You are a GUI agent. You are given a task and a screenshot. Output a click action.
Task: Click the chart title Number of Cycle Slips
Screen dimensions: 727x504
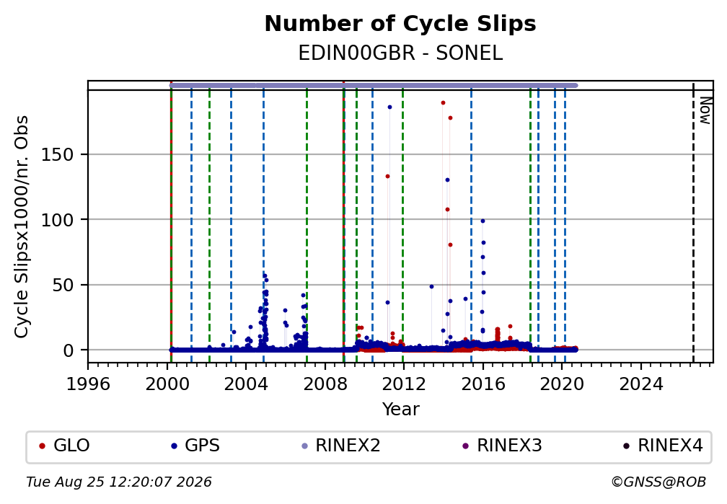[400, 24]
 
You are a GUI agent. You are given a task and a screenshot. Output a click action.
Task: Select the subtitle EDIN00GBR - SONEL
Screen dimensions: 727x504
[400, 53]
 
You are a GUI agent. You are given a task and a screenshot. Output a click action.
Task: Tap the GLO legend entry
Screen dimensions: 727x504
[64, 446]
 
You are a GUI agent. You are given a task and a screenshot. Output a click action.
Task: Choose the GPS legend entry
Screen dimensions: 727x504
[195, 446]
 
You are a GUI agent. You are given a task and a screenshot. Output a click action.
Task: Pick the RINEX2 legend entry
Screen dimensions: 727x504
[340, 446]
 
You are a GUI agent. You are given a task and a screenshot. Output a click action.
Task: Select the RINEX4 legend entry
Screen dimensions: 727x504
[663, 446]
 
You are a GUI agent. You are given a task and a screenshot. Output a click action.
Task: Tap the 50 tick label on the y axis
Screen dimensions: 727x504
[63, 285]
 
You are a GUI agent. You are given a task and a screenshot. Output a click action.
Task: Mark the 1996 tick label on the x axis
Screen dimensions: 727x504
[88, 384]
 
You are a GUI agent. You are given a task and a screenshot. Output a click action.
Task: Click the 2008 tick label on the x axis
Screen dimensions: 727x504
[325, 384]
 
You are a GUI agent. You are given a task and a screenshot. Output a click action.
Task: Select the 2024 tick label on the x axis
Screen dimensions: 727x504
[641, 384]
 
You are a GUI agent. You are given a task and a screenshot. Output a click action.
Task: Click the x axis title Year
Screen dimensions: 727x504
[400, 409]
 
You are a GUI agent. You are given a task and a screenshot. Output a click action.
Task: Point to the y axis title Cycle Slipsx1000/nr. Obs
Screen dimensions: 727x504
[22, 226]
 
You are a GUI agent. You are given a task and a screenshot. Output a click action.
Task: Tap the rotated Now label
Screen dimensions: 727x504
[705, 110]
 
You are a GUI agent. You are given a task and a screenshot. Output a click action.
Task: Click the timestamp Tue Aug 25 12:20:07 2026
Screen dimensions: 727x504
[119, 482]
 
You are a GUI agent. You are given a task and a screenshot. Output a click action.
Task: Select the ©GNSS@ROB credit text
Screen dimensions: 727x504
[658, 482]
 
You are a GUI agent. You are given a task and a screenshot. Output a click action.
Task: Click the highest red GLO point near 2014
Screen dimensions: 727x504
[444, 103]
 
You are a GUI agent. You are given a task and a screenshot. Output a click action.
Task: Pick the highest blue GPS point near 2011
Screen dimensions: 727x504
[389, 107]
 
